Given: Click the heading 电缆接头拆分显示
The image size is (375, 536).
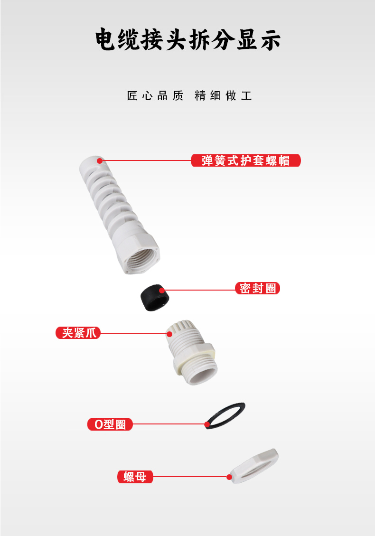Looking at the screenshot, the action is point(187,40).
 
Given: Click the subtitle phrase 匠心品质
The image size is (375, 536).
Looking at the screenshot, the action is point(155,96).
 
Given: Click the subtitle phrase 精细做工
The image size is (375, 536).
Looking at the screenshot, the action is point(223,96).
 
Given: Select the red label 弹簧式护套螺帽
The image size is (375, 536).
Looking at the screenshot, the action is point(246,160).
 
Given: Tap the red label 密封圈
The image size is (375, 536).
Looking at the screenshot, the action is point(257,288).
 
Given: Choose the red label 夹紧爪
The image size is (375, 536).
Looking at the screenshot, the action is point(78,333).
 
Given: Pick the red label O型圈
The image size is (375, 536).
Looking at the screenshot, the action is point(110,424).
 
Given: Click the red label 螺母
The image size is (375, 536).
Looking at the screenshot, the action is point(135,477).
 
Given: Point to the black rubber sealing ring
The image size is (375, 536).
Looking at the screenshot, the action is point(155,298).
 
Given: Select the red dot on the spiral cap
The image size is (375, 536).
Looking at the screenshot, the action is point(100,160).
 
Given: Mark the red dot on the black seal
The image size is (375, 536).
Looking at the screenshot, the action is point(162,291).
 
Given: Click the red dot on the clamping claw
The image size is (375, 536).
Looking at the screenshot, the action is point(169,334).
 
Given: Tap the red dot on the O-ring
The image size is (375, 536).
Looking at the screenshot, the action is point(207,424).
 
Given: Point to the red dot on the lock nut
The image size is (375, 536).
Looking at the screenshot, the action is point(229,477).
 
